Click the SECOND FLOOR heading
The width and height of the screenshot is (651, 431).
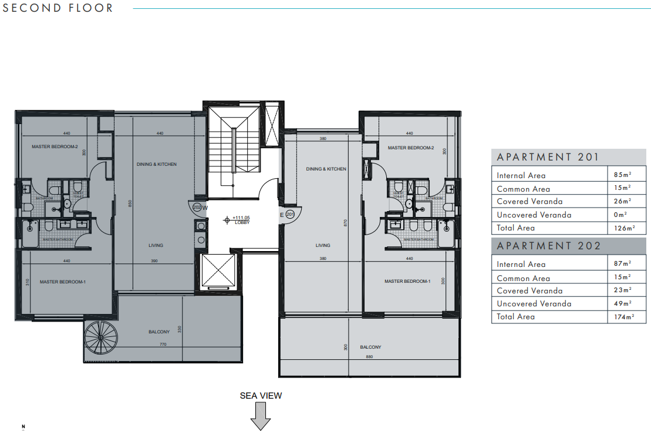click(x=58, y=8)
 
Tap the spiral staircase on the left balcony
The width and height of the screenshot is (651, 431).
click(x=100, y=339)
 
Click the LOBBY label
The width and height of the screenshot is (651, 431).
click(x=242, y=223)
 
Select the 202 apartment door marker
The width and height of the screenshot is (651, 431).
click(x=197, y=207)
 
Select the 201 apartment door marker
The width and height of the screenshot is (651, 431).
click(x=289, y=215)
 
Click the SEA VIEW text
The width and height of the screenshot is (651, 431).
click(x=261, y=396)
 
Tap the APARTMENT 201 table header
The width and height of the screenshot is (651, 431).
click(x=548, y=157)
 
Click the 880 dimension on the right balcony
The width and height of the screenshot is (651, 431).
click(x=369, y=356)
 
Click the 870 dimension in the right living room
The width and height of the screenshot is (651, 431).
click(x=346, y=223)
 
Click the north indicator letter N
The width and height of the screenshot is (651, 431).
click(x=23, y=426)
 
